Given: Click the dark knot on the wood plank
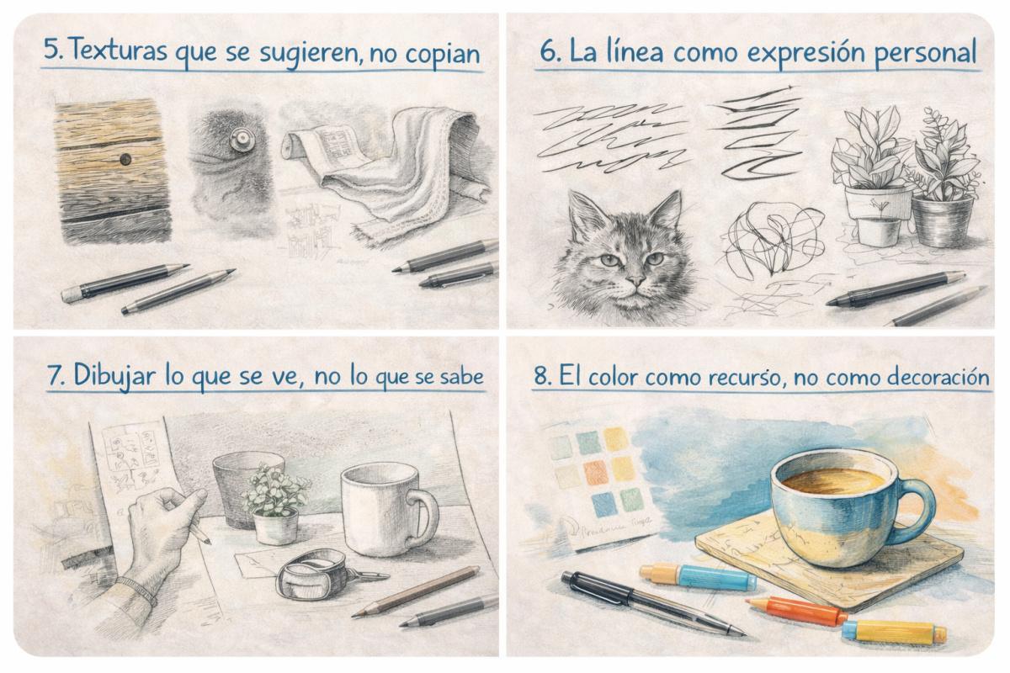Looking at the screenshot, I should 125,159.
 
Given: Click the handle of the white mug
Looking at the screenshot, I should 423,516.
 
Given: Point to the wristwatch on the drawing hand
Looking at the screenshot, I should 136,588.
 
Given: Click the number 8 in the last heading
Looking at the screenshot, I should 540,378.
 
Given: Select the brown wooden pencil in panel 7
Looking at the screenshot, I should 416,591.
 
